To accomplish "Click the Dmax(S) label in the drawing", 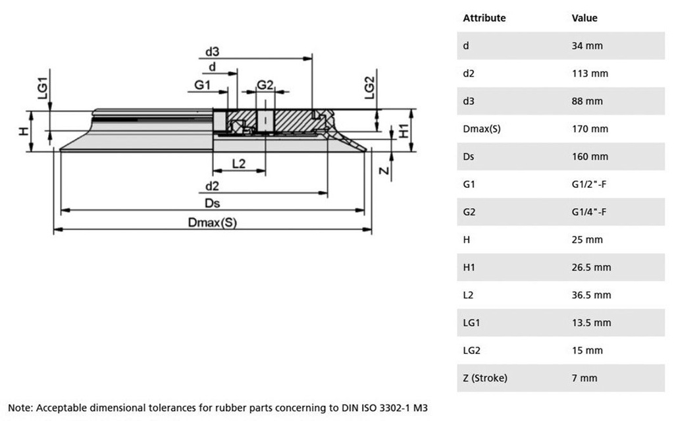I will click(212, 223).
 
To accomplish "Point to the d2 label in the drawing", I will click(212, 186).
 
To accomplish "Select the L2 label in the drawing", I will click(239, 163).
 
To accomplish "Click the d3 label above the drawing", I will click(212, 51).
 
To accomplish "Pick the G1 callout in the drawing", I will click(202, 85).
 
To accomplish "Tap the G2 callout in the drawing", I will click(265, 85).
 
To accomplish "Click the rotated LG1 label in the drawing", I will click(42, 88).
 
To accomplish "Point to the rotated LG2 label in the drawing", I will click(369, 88).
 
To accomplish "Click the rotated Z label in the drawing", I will click(385, 171).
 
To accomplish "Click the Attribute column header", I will click(484, 18).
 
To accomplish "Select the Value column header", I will click(584, 18).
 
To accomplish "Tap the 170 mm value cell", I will click(590, 129).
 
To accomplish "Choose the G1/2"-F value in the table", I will click(589, 184).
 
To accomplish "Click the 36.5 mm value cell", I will click(591, 295).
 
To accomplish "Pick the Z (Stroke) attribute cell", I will click(485, 378).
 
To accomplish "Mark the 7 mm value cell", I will click(584, 378).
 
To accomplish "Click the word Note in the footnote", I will click(20, 408).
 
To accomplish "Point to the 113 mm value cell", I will click(590, 74).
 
